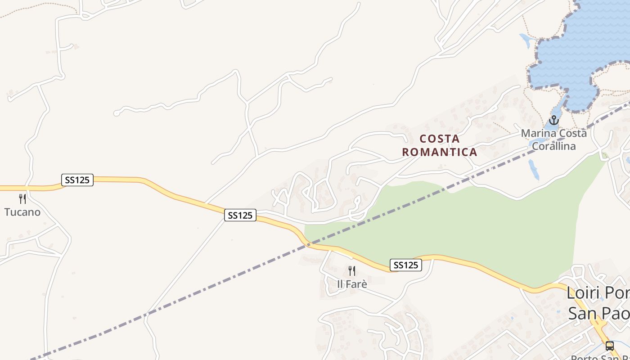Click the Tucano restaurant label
click(x=22, y=212)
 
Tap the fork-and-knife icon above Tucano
click(x=22, y=199)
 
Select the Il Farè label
click(x=352, y=284)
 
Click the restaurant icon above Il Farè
click(x=352, y=271)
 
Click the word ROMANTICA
click(x=440, y=152)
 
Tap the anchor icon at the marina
click(x=553, y=120)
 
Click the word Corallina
click(x=553, y=146)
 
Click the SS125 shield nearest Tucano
click(x=77, y=180)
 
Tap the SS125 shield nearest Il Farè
click(x=406, y=265)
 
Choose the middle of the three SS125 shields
click(x=240, y=216)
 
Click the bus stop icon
click(x=609, y=346)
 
